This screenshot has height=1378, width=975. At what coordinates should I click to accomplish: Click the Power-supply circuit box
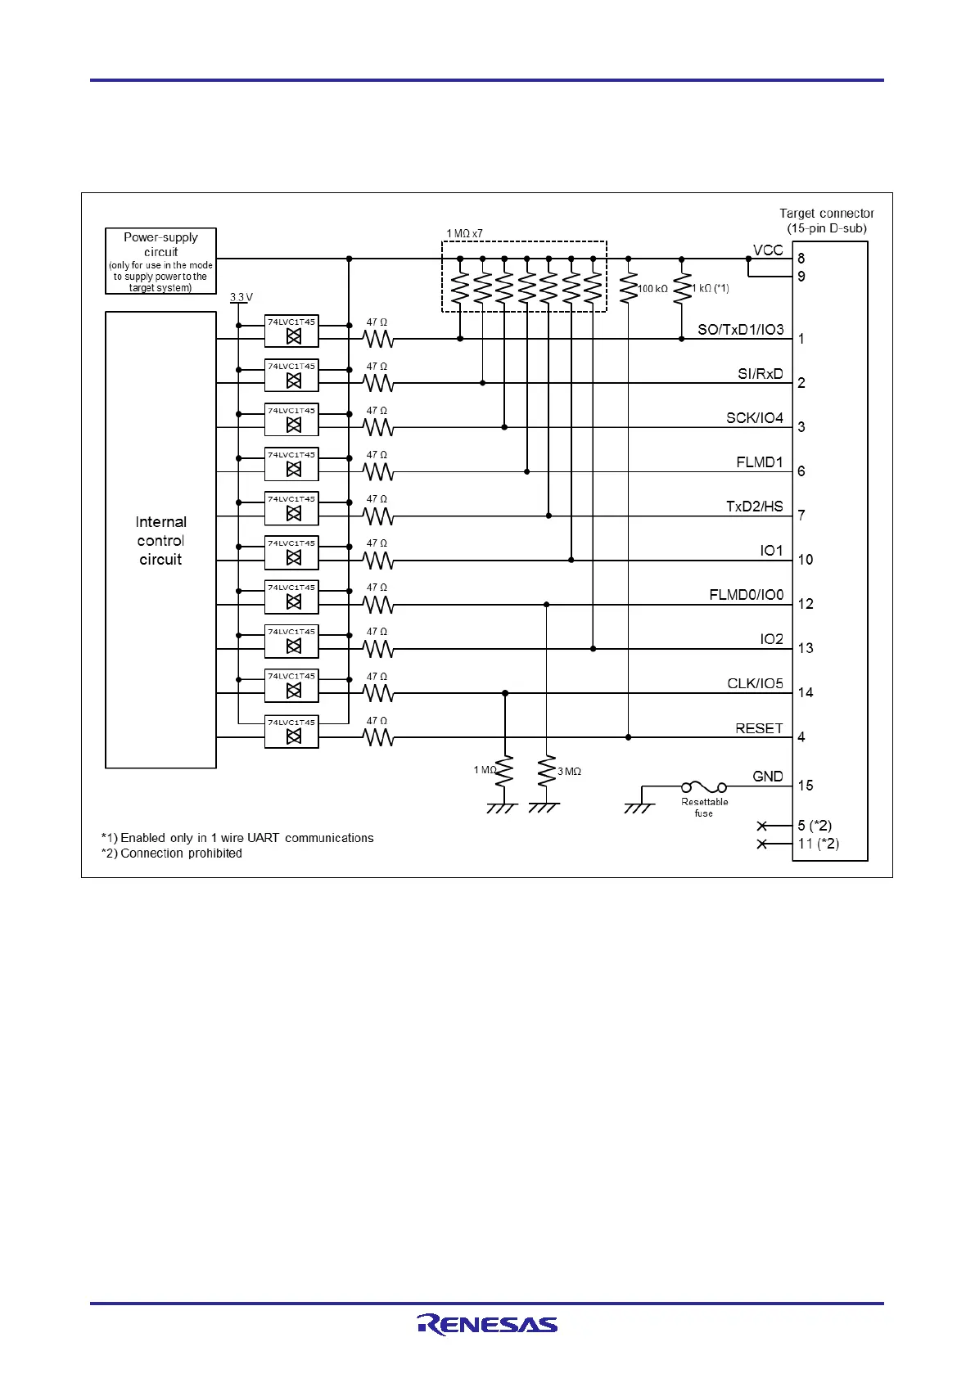pyautogui.click(x=160, y=261)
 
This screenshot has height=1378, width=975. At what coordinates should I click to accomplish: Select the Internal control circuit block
pyautogui.click(x=160, y=540)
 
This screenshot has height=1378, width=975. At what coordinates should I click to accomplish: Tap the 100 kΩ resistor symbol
pyautogui.click(x=628, y=288)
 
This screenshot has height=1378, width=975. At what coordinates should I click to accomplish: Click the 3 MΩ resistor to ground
pyautogui.click(x=546, y=772)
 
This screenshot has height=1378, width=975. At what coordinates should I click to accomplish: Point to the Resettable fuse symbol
pyautogui.click(x=704, y=787)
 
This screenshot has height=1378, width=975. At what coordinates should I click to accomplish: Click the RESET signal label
pyautogui.click(x=759, y=728)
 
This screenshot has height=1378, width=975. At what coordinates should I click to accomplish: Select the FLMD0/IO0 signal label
pyautogui.click(x=746, y=595)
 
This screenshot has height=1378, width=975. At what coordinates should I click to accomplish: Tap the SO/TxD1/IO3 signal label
pyautogui.click(x=740, y=330)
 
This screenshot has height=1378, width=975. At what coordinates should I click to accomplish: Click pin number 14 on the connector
pyautogui.click(x=806, y=693)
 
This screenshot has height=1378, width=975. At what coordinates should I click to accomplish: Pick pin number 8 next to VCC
pyautogui.click(x=801, y=259)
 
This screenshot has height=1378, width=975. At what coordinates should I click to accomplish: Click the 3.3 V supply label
pyautogui.click(x=241, y=298)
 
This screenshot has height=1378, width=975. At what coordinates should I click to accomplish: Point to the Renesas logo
pyautogui.click(x=487, y=1324)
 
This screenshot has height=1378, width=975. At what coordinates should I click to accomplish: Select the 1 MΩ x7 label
pyautogui.click(x=464, y=234)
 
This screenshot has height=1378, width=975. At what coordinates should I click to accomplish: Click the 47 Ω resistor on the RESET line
pyautogui.click(x=378, y=738)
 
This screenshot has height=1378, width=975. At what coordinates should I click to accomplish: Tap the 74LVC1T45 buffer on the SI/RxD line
pyautogui.click(x=291, y=376)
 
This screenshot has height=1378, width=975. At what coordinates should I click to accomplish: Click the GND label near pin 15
pyautogui.click(x=768, y=777)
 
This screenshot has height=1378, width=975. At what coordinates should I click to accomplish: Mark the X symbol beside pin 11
pyautogui.click(x=762, y=844)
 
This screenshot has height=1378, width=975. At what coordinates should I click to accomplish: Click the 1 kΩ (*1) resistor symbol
pyautogui.click(x=682, y=290)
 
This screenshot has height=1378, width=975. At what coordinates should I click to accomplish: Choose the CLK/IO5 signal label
pyautogui.click(x=755, y=683)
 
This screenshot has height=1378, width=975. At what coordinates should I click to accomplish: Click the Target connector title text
pyautogui.click(x=826, y=214)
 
